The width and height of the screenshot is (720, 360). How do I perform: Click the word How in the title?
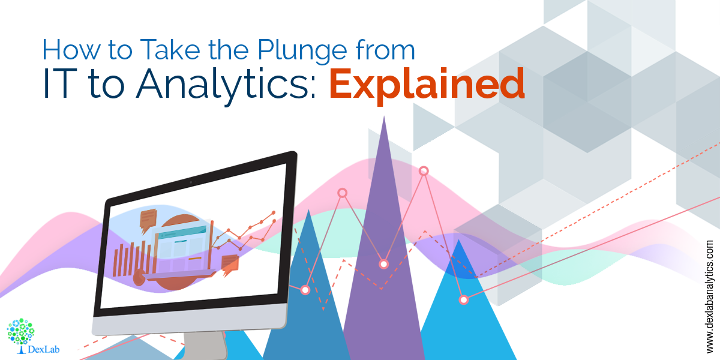click(71, 50)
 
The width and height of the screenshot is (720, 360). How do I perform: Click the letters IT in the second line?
click(61, 83)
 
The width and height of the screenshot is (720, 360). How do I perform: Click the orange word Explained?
click(427, 85)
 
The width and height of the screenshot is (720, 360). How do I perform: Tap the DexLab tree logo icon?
click(20, 332)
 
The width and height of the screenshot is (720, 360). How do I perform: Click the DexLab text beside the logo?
click(44, 349)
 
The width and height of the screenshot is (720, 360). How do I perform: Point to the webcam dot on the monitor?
click(191, 182)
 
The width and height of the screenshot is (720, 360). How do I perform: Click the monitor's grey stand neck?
click(204, 346)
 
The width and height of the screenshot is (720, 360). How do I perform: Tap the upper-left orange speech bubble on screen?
click(148, 219)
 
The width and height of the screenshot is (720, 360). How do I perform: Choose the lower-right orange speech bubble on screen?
click(230, 264)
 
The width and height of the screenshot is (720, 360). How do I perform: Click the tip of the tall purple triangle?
click(384, 116)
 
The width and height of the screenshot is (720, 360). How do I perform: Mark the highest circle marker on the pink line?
click(424, 171)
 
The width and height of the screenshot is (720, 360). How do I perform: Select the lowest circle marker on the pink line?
click(463, 300)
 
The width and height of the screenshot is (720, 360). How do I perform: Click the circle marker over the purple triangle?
click(383, 264)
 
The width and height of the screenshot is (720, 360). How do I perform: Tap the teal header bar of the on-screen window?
click(182, 233)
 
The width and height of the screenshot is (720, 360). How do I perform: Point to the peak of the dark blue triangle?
click(309, 210)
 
